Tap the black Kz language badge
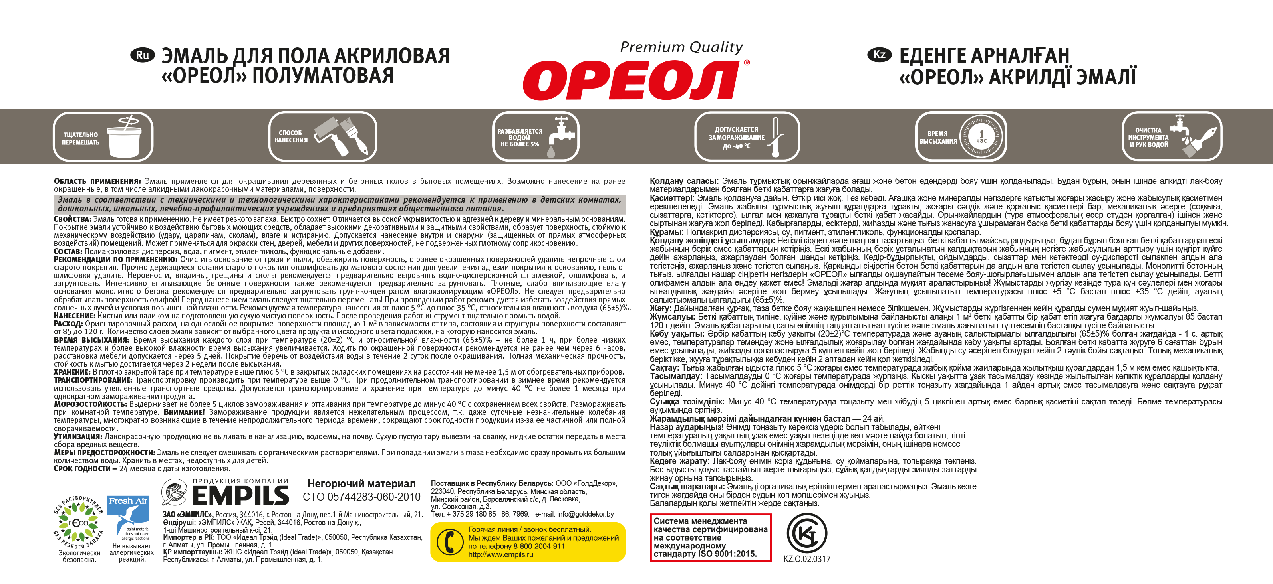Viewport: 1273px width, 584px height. pos(879,55)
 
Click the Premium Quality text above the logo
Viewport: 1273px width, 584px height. pos(681,47)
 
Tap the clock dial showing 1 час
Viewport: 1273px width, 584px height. pos(981,137)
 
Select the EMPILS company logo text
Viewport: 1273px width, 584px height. pos(240,495)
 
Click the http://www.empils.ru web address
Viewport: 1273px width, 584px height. pos(500,555)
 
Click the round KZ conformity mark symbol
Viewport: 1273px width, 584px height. pos(806,534)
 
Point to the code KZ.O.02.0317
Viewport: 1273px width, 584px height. pos(806,559)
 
